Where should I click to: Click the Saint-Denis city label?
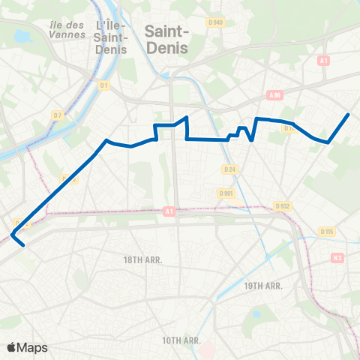coord(166,38)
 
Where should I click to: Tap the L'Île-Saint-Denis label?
coord(111,37)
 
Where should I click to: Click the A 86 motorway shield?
coord(274,95)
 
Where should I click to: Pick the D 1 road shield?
coord(104,85)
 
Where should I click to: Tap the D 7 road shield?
coord(57,115)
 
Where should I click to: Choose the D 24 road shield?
coord(229,169)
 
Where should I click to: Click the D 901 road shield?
coord(226,193)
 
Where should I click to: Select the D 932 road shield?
coord(282,205)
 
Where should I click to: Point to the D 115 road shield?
coord(326,232)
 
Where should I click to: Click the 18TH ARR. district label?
coord(142,259)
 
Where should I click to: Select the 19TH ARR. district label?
coord(262,286)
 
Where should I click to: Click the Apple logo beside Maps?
coord(11,347)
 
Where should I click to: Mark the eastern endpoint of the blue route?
coord(349,114)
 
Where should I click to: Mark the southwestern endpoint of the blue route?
coord(25,244)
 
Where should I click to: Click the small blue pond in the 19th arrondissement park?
coord(256,313)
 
